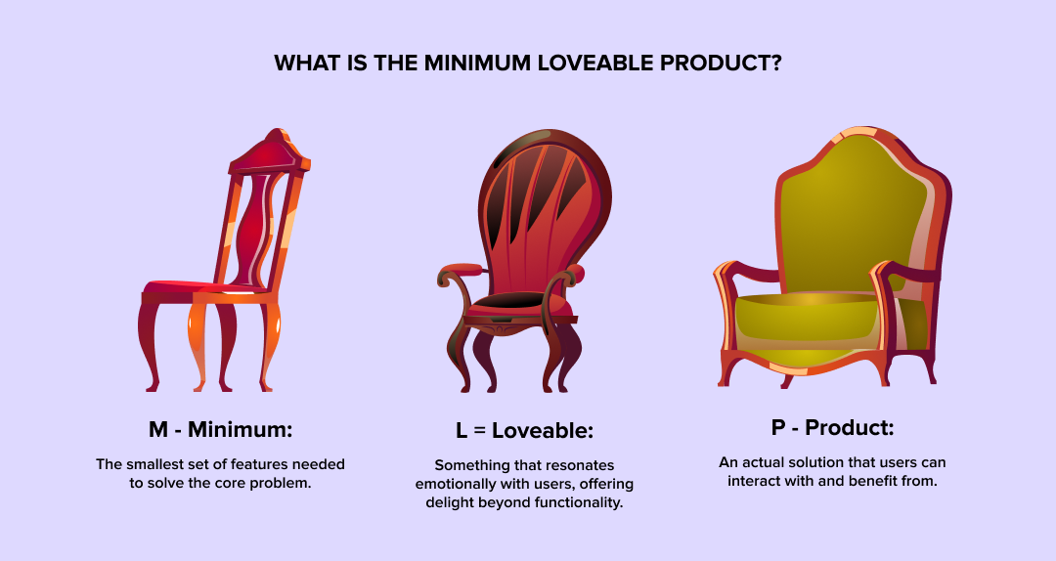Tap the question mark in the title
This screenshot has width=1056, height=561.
(776, 64)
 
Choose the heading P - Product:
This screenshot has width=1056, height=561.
(833, 427)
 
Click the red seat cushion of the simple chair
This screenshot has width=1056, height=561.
(196, 288)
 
